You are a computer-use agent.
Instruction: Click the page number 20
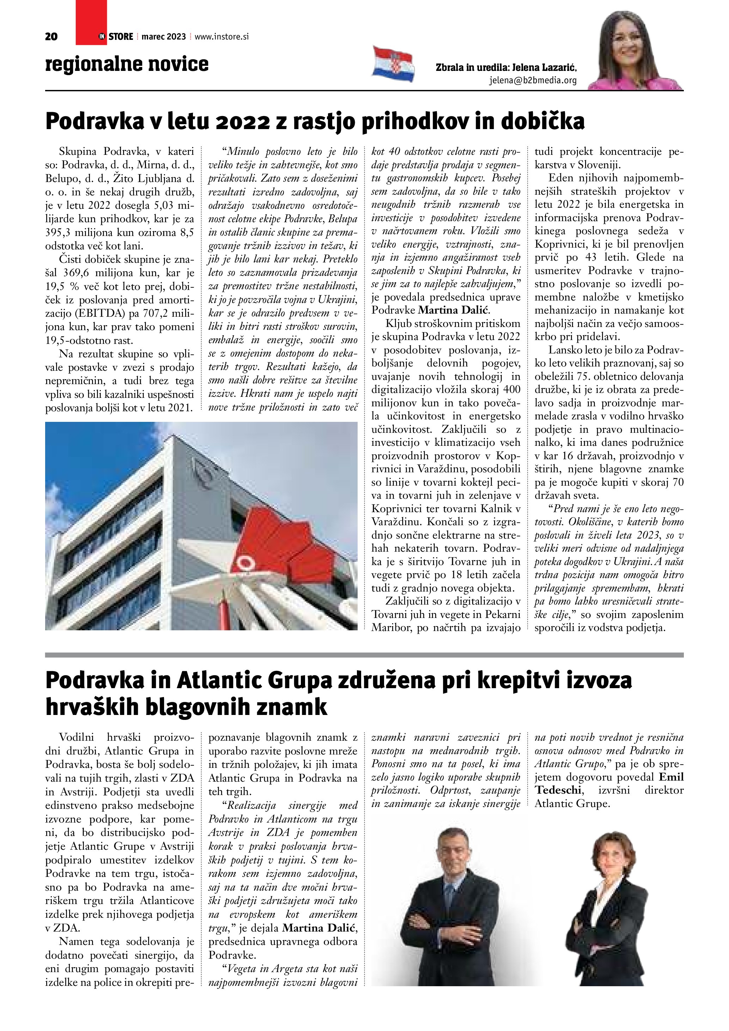[x=51, y=37]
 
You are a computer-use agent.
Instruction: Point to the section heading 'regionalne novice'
[x=127, y=64]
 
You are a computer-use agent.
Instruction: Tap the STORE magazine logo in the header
[x=116, y=37]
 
